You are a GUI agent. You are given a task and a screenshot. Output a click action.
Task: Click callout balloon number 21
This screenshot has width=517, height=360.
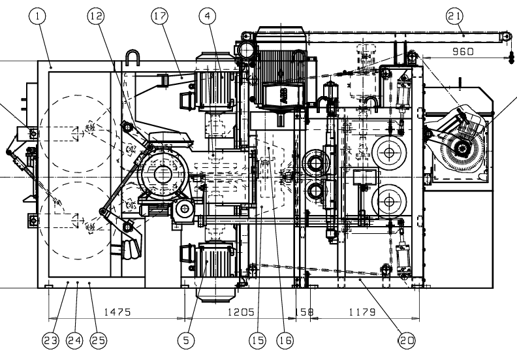point(454,15)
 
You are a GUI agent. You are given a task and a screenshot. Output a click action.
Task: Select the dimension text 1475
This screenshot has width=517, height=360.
point(118,313)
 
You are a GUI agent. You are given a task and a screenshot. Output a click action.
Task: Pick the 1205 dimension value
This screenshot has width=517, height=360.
point(240,313)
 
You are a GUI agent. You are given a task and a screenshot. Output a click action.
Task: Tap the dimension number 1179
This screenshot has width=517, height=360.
point(361,313)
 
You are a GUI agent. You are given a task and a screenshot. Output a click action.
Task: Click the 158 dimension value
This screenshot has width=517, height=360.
point(305,313)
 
